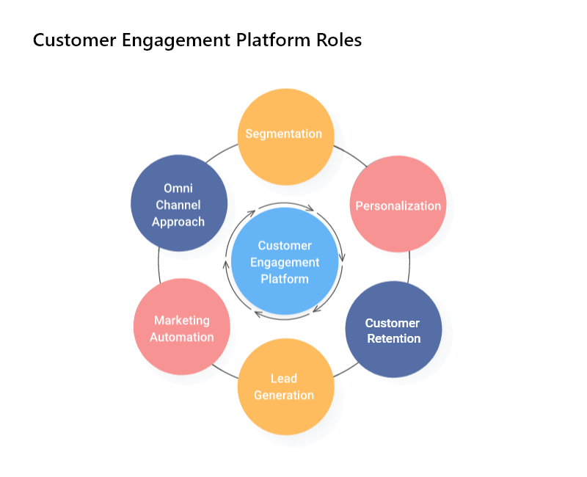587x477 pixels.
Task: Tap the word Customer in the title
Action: coord(68,40)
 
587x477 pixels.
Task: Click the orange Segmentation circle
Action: coord(285,136)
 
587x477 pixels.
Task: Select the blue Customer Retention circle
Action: coord(393,329)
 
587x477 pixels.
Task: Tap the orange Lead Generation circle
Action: coord(285,387)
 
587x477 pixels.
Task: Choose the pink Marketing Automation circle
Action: coord(182,327)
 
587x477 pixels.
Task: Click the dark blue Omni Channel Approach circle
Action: coord(178,203)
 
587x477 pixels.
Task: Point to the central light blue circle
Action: coord(285,262)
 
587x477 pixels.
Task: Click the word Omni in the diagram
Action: coord(178,189)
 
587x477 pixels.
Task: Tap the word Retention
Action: coord(393,338)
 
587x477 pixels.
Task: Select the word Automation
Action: coord(182,337)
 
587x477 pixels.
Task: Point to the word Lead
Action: coord(283,379)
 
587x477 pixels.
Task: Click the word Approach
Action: coord(178,221)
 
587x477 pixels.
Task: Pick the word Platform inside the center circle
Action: coord(285,279)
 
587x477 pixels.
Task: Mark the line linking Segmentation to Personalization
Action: coord(350,153)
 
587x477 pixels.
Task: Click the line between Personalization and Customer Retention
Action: coord(409,267)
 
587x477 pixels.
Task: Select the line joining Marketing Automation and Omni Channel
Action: coord(159,265)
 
